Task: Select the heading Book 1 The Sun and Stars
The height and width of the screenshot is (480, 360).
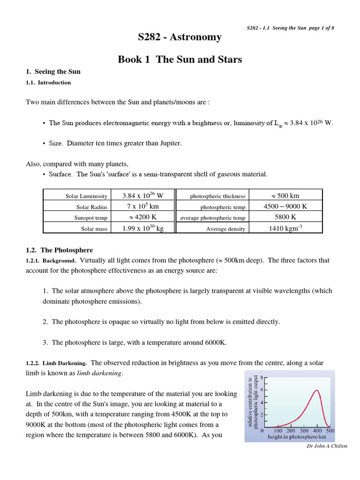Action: click(180, 60)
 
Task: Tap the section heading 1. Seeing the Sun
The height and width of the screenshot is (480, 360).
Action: click(53, 72)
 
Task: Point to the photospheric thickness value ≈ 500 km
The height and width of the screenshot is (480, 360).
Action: click(285, 195)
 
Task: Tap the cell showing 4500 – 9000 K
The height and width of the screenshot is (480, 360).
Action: click(285, 206)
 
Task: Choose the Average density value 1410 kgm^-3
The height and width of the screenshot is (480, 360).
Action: click(285, 228)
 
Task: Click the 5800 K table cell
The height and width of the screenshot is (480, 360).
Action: click(285, 217)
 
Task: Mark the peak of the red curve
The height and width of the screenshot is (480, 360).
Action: click(317, 390)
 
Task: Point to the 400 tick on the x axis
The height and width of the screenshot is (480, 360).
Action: click(317, 430)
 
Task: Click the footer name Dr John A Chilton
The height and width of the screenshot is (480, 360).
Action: click(326, 446)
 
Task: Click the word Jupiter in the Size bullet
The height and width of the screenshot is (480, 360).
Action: click(170, 143)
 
